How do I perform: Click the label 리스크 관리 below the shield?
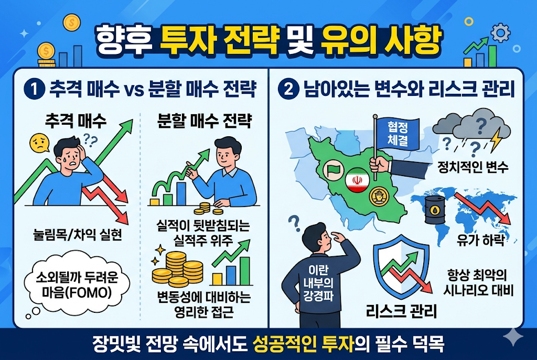[x=401, y=312]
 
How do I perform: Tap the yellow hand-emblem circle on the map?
[x=378, y=196]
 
